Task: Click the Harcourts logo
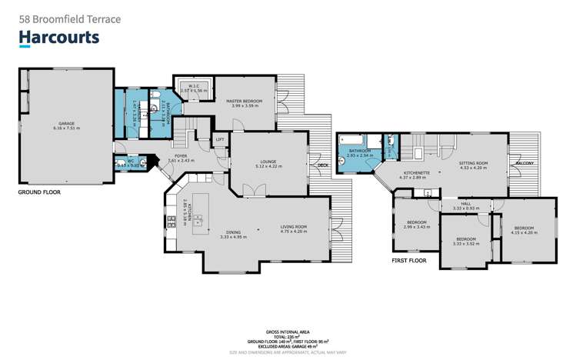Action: [59, 38]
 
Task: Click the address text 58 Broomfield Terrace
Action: [69, 18]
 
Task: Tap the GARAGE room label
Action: [67, 124]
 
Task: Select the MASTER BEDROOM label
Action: [244, 101]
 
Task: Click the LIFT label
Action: [219, 139]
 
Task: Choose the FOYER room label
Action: [181, 156]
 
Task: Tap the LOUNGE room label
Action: [268, 161]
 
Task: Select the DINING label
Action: [231, 232]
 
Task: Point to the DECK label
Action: [322, 165]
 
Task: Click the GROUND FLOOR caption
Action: [38, 192]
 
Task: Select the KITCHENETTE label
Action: [416, 172]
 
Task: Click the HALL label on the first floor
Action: [466, 204]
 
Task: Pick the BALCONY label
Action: [525, 163]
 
